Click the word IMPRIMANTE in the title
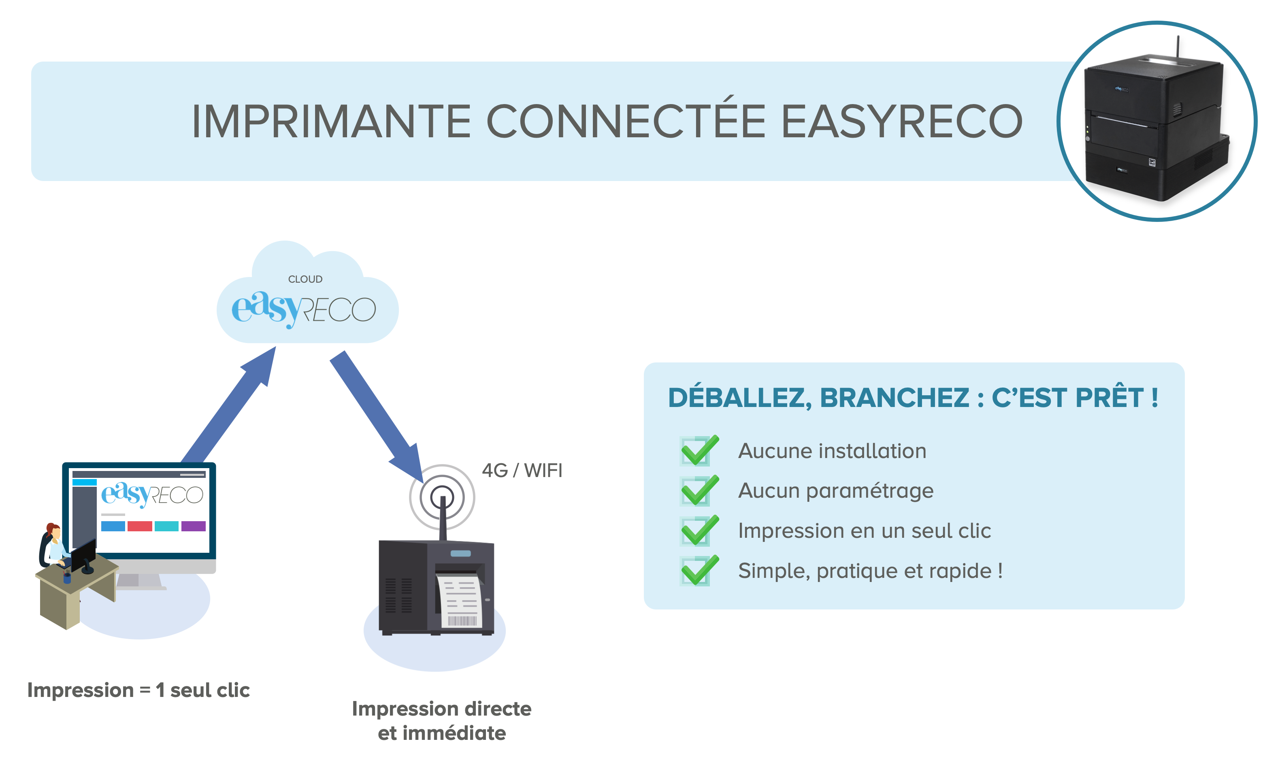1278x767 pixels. tap(331, 121)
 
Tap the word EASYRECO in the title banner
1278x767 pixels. tap(902, 121)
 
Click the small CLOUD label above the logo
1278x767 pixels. tap(305, 279)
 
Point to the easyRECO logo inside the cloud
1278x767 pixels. tap(303, 309)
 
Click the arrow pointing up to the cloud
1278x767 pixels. tap(229, 405)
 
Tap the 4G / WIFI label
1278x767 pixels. tap(522, 470)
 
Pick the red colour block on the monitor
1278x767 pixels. tap(140, 526)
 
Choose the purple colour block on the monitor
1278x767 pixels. tap(193, 526)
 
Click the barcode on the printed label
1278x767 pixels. tap(462, 620)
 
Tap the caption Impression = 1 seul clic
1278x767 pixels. tap(138, 690)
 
